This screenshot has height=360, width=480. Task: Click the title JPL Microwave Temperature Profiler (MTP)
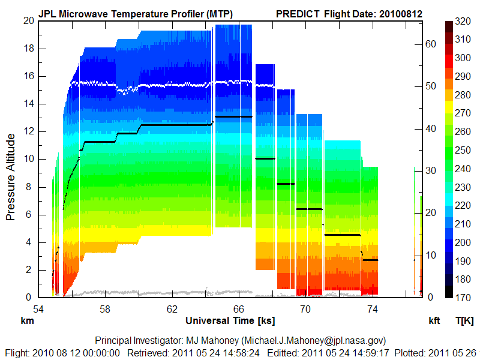[x=136, y=13]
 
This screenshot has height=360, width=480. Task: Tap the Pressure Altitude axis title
[x=11, y=176]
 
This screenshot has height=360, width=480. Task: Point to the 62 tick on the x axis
[x=172, y=310]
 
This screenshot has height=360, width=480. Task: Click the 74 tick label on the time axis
[x=372, y=310]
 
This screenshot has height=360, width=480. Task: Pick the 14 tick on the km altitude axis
[x=27, y=104]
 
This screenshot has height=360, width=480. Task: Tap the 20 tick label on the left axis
[x=27, y=20]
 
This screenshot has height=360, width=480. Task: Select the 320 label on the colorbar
[x=462, y=20]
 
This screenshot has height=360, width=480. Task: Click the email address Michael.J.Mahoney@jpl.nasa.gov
[x=313, y=340]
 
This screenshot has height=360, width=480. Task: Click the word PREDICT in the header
[x=298, y=13]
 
